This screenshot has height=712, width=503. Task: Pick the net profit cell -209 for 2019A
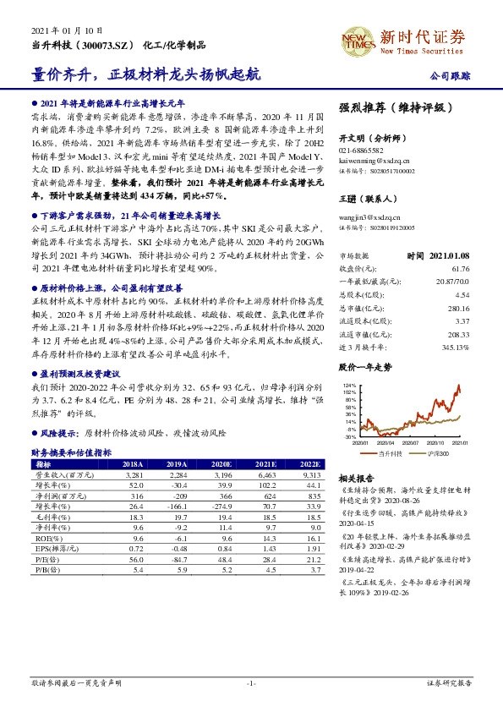tap(177, 496)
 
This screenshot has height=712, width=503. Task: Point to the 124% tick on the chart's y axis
tap(349, 385)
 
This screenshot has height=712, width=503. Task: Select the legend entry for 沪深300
tap(437, 454)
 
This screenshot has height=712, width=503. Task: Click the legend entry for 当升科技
tap(390, 454)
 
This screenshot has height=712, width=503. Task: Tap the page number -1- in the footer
tap(251, 682)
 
